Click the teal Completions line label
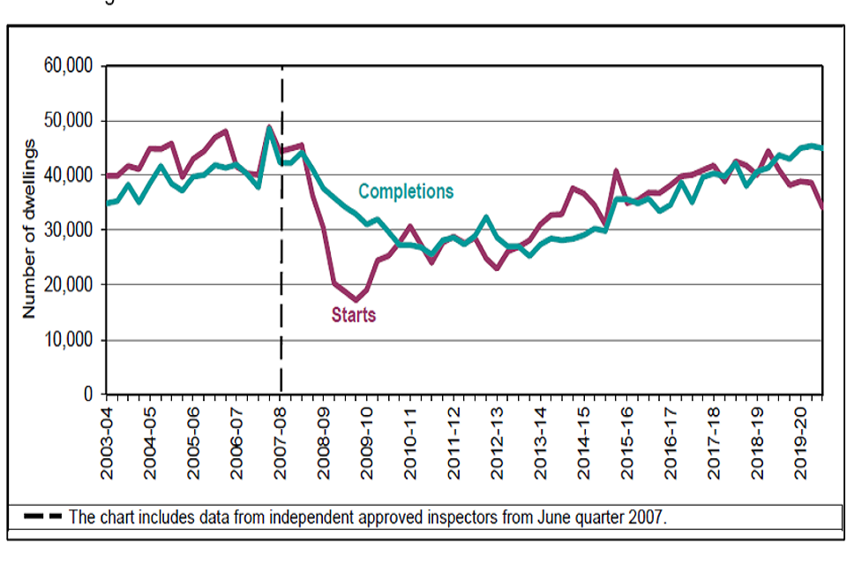[405, 192]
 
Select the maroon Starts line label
[353, 315]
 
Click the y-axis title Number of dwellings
[29, 229]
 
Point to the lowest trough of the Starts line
[356, 300]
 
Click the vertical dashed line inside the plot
[281, 265]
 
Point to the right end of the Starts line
[822, 207]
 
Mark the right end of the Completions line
[822, 148]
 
